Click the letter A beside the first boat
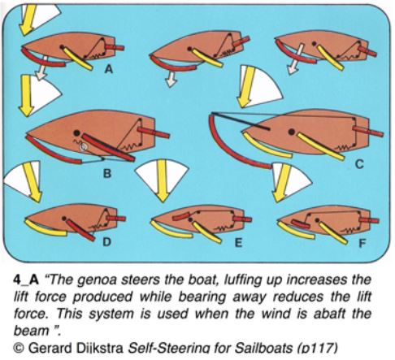click(109, 69)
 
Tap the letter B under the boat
click(107, 173)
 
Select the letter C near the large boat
click(359, 164)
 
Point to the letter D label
click(106, 242)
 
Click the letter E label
click(238, 243)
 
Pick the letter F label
click(362, 244)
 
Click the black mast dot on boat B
click(77, 132)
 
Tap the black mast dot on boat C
click(292, 132)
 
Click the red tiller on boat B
click(154, 132)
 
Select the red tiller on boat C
click(368, 131)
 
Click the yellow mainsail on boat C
click(321, 145)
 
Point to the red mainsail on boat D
click(80, 230)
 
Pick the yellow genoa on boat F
click(295, 232)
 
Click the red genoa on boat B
click(51, 152)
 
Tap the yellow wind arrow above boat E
click(163, 181)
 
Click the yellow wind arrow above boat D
click(32, 182)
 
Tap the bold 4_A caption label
click(26, 280)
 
